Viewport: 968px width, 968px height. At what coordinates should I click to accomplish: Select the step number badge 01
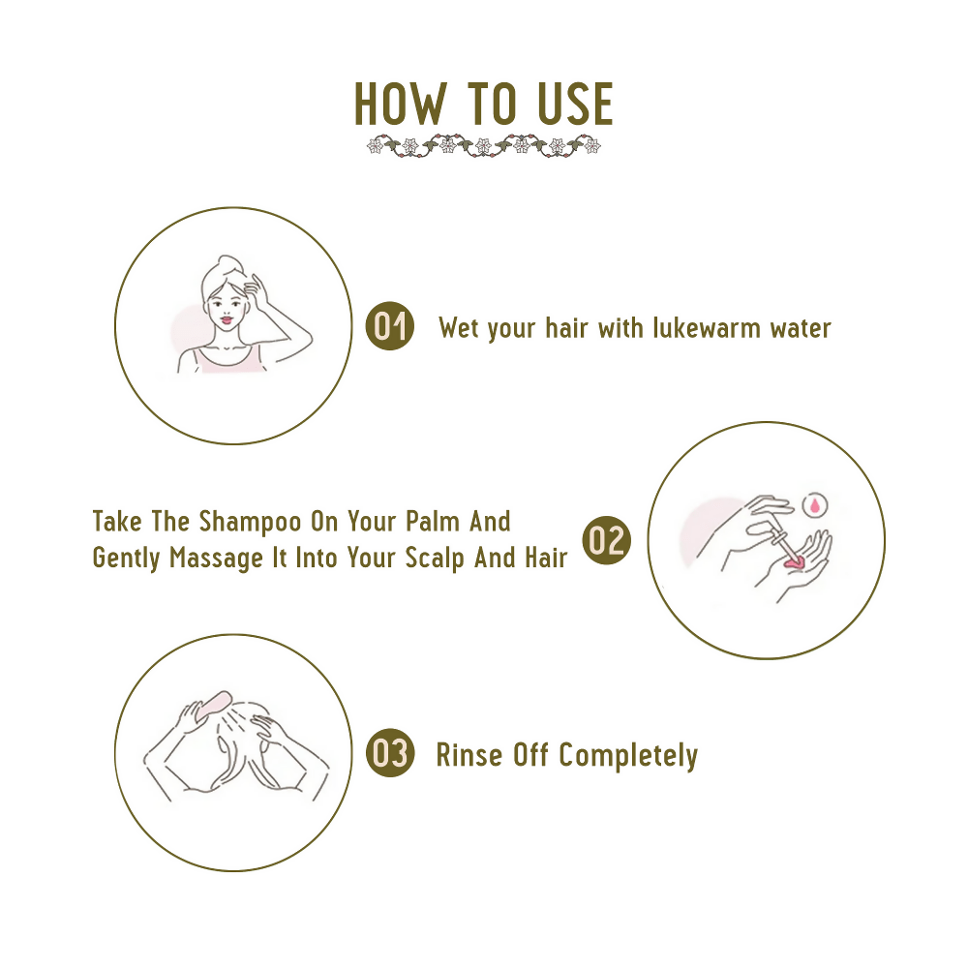tap(389, 326)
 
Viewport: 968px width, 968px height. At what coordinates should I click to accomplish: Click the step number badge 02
tap(606, 540)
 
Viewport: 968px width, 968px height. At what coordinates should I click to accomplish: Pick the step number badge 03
tap(390, 753)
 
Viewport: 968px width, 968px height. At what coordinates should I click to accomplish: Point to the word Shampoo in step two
tap(251, 522)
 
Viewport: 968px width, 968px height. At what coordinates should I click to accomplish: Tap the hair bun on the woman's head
tap(230, 262)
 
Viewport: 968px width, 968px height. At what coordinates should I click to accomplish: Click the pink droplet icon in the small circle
tap(815, 503)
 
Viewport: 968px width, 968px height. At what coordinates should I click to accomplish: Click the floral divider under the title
tap(484, 146)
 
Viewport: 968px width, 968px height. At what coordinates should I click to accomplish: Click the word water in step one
tap(800, 328)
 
